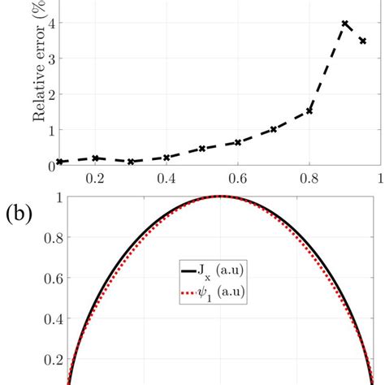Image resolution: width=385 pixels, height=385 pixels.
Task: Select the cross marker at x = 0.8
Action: coord(309,110)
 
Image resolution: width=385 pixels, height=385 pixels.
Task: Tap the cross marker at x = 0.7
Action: coord(274,129)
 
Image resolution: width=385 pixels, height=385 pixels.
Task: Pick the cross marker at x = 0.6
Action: coord(238,142)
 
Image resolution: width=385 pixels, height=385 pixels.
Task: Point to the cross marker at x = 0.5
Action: coord(202,149)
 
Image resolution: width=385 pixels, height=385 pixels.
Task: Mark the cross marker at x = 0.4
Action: coord(167,158)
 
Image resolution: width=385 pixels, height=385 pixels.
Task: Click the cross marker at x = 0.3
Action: coord(131,162)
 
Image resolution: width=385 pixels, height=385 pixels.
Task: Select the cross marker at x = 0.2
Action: coord(96,158)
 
